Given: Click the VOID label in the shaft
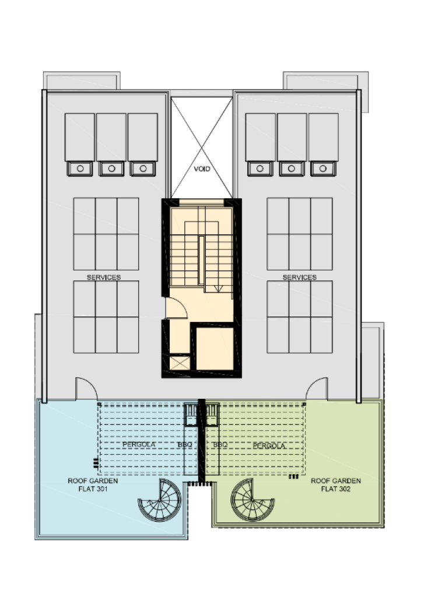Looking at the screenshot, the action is (x=202, y=168).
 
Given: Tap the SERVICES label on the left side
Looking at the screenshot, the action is (x=104, y=277).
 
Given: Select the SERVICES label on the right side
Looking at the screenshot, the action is (x=299, y=277).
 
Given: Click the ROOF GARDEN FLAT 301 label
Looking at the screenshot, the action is (x=93, y=484).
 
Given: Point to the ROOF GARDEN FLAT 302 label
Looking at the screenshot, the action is (x=335, y=484).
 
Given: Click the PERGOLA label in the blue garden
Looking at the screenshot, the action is (x=139, y=444).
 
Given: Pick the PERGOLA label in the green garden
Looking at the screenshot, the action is (x=269, y=445).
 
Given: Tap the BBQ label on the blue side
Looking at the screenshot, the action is (x=185, y=445).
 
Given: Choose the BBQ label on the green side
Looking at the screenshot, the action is (x=220, y=445).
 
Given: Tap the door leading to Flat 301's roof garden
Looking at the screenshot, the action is (x=86, y=388).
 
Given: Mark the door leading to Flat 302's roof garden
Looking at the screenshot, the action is (x=317, y=388).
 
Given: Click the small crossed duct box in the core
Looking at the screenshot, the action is (x=180, y=363).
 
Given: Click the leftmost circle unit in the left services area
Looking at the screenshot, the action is (x=80, y=168).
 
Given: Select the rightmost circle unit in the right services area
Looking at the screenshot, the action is (x=323, y=168).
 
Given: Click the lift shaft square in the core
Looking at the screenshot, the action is (x=215, y=349).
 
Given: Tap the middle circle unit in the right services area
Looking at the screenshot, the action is (x=292, y=168).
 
